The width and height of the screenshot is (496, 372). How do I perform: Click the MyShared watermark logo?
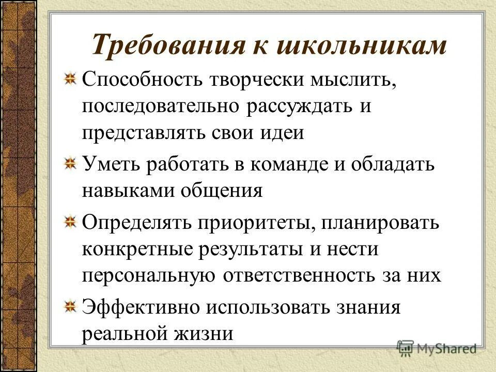437,347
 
